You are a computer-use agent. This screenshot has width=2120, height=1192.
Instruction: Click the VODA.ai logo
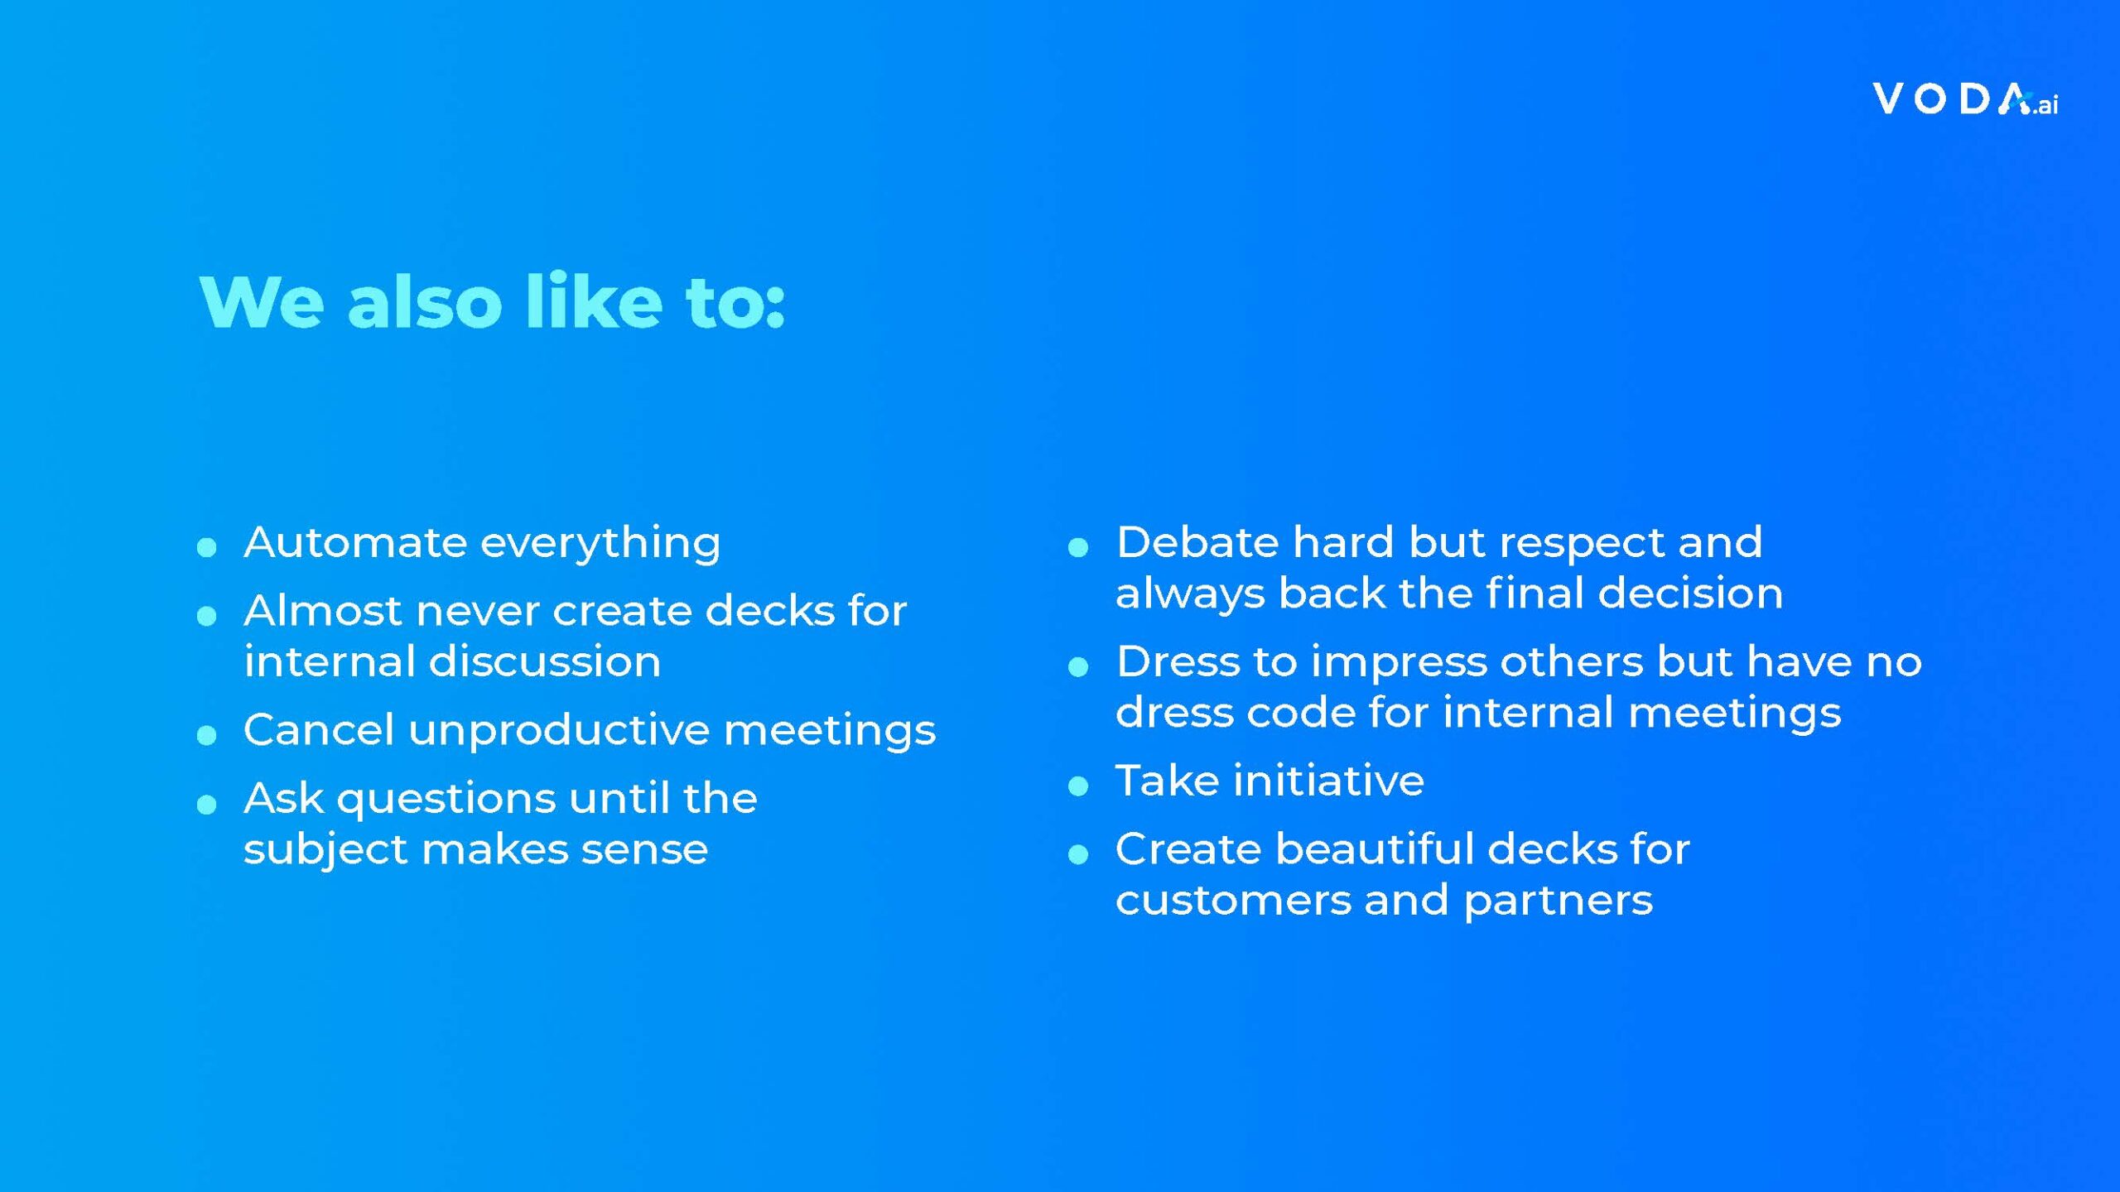[x=1965, y=100]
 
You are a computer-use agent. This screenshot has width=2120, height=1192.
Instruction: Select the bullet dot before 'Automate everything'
[x=207, y=546]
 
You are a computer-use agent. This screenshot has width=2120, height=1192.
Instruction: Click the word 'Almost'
[x=324, y=611]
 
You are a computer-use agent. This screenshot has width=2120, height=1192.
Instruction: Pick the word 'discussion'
[x=544, y=661]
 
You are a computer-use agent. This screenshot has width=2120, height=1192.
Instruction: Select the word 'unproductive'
[x=559, y=731]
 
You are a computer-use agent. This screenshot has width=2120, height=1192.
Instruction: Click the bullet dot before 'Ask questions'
[x=207, y=804]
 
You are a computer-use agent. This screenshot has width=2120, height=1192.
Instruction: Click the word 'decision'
[x=1690, y=594]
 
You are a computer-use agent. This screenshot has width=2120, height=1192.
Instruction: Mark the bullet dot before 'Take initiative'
[x=1078, y=786]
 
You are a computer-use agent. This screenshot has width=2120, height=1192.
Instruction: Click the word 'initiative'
[x=1328, y=781]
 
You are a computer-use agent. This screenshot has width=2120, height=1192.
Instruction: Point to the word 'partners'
[x=1558, y=901]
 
